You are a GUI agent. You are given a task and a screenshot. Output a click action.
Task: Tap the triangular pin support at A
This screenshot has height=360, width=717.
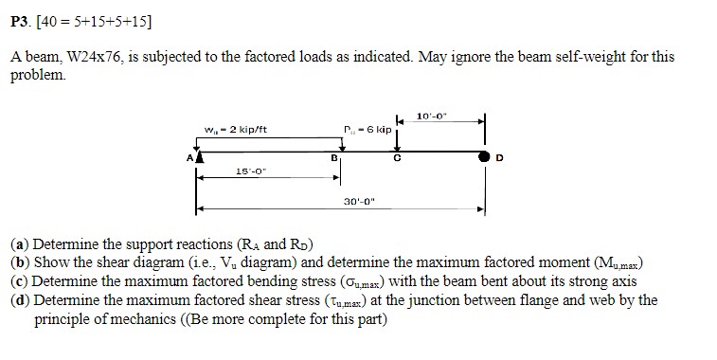point(197,158)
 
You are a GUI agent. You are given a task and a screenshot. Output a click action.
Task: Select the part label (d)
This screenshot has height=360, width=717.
point(20,300)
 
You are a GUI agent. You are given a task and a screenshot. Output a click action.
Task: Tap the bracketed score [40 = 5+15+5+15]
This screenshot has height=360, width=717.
point(96,21)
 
